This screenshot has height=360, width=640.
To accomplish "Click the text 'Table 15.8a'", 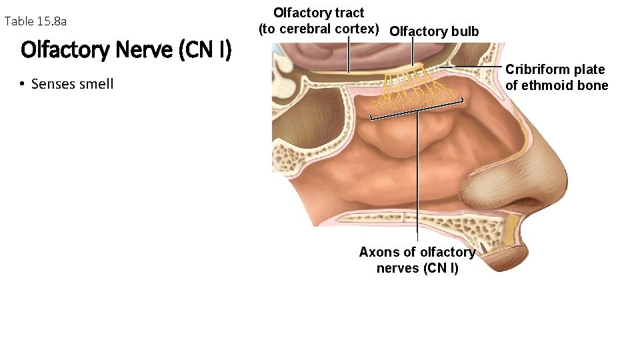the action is (35, 21).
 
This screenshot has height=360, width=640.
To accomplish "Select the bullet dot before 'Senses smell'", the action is (22, 84).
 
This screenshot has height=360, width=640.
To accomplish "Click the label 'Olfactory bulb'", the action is (434, 31).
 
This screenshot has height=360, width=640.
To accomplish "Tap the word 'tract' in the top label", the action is (347, 13).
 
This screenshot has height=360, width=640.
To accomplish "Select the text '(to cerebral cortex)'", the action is (319, 29).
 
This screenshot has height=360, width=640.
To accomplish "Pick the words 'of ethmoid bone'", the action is (557, 85).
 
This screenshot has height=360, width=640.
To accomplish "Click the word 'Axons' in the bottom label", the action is (377, 252).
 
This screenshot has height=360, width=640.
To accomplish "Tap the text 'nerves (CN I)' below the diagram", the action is (417, 268).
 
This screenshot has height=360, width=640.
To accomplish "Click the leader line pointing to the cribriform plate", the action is (471, 67).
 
